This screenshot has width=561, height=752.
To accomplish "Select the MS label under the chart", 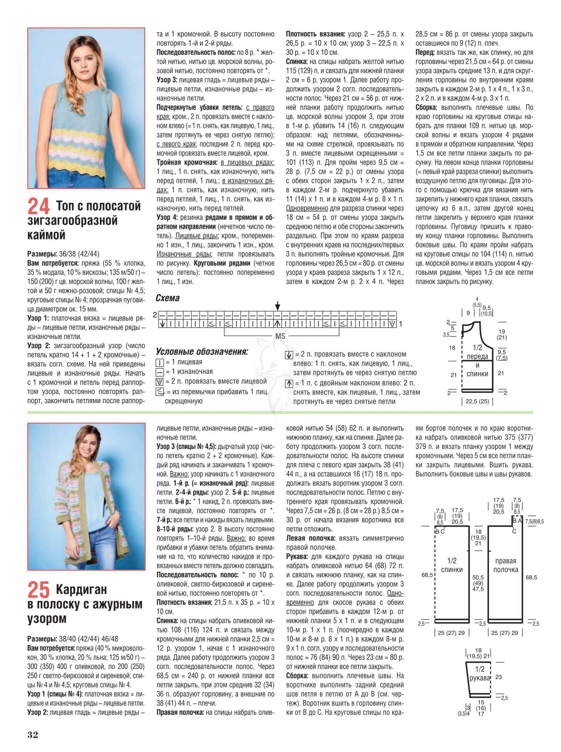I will coord(280,336).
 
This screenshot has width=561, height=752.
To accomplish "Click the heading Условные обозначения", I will coord(202,351).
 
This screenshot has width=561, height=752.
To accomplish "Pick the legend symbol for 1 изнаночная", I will coord(159,372).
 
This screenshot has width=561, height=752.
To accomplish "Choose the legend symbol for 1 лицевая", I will coord(159,362).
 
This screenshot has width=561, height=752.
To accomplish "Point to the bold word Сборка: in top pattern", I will coord(427,107).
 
